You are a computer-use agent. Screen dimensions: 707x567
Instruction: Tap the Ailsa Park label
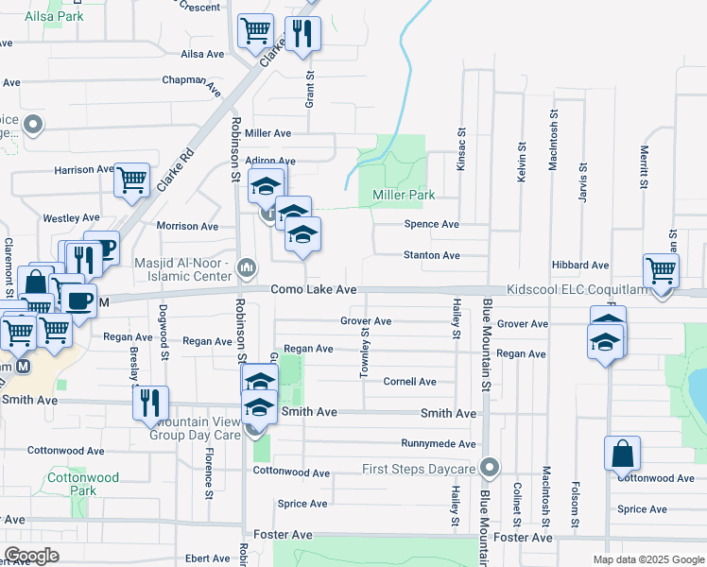pos(54,16)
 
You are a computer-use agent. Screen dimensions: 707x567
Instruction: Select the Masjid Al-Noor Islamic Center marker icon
pos(247,267)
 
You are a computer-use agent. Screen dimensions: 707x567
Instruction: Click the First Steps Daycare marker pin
pos(489,468)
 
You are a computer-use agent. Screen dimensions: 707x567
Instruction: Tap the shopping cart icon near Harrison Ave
pos(132,180)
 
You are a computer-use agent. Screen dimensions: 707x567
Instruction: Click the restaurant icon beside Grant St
pos(302,34)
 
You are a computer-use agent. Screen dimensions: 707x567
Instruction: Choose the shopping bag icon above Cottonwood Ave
pos(622,454)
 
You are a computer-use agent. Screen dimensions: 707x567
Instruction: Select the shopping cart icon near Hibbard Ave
pos(661,270)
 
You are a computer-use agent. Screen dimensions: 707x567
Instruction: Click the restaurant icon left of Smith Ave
pos(150,403)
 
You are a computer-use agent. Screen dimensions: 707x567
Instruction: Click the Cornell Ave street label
pos(409,382)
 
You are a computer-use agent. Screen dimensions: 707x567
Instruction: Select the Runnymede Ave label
pos(438,443)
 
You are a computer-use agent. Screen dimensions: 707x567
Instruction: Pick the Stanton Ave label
pos(431,255)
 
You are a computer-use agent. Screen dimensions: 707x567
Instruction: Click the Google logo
pos(32,556)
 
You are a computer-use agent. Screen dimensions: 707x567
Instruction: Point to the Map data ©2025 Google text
pos(647,559)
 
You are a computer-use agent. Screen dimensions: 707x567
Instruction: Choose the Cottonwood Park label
pos(84,484)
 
